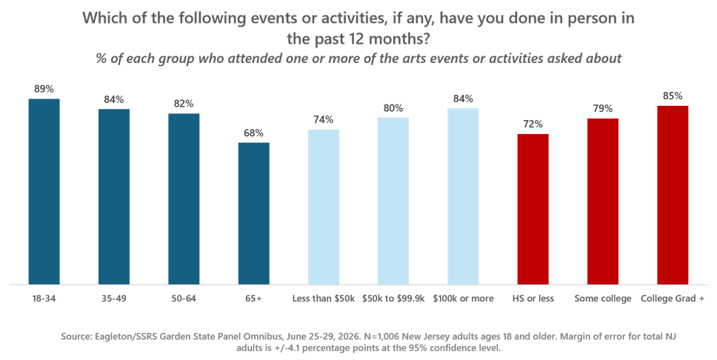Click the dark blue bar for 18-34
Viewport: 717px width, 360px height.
(44, 192)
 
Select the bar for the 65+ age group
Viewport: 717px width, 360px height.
(254, 213)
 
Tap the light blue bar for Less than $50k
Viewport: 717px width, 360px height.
(324, 207)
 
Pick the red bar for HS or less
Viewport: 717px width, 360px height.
(533, 210)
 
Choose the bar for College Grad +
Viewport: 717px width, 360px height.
(673, 196)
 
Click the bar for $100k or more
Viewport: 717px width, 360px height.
(463, 197)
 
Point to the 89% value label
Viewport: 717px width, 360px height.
(44, 89)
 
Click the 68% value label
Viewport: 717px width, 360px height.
(254, 133)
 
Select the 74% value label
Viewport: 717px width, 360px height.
(324, 120)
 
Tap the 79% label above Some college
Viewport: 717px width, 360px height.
(603, 109)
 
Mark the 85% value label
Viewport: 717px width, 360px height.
(673, 96)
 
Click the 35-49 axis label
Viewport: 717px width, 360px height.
(114, 299)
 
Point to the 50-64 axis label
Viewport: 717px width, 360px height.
(184, 299)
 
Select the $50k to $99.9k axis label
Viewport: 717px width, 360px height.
(393, 299)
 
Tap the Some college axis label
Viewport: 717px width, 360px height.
(603, 299)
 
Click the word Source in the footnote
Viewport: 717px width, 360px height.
(76, 337)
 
